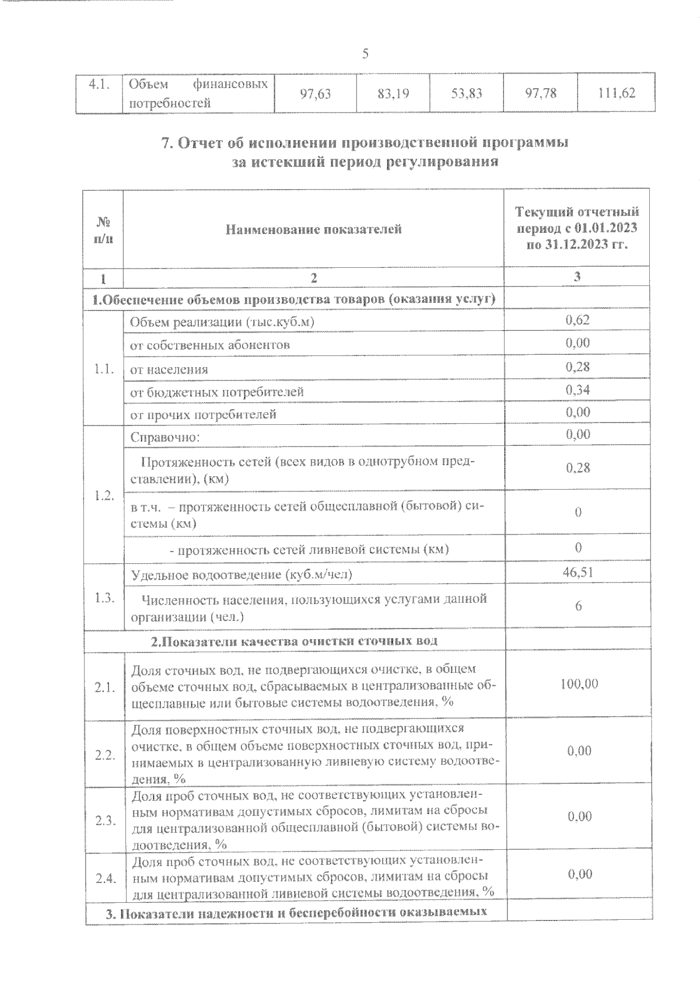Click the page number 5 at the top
click(x=365, y=54)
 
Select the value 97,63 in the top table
click(x=315, y=93)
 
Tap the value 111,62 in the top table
click(x=616, y=93)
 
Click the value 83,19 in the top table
click(x=393, y=93)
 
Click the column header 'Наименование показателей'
click(x=314, y=229)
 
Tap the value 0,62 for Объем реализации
click(x=577, y=319)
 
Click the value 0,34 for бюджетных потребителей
click(x=577, y=389)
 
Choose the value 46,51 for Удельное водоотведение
click(x=577, y=573)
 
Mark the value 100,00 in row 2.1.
click(x=579, y=683)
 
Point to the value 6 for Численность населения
click(x=578, y=606)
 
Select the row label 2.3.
click(x=105, y=820)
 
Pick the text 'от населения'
click(x=169, y=369)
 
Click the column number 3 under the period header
click(x=577, y=277)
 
